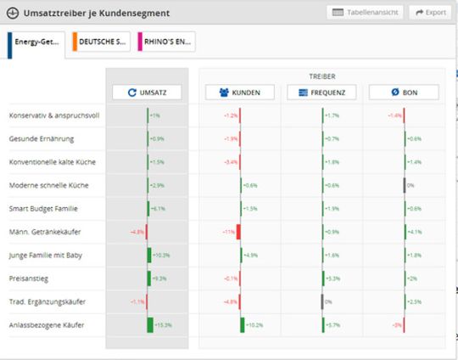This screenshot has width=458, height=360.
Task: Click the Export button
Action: [x=430, y=13]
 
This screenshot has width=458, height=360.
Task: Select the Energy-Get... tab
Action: [x=36, y=42]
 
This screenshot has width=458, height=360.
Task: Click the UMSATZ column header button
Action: [x=147, y=93]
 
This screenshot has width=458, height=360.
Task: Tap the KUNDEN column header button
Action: [x=239, y=93]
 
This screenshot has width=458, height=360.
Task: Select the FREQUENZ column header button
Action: [x=321, y=93]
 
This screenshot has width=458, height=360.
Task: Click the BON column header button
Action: [x=404, y=93]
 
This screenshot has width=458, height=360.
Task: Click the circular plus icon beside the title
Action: [x=13, y=13]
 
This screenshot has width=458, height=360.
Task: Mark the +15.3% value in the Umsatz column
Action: [x=163, y=324]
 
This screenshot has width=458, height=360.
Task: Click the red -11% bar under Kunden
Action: [x=238, y=232]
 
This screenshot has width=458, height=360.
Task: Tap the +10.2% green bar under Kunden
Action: [x=242, y=324]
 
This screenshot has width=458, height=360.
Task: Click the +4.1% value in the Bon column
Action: [x=414, y=232]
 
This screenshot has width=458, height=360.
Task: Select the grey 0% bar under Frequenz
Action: [x=322, y=301]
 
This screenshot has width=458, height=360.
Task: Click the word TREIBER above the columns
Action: [x=321, y=76]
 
